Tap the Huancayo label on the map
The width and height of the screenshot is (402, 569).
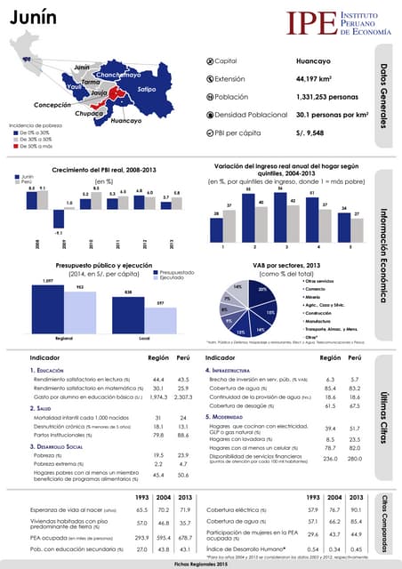click(x=127, y=120)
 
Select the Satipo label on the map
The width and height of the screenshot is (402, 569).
click(x=147, y=90)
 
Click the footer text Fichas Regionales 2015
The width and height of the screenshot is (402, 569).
click(x=201, y=565)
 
